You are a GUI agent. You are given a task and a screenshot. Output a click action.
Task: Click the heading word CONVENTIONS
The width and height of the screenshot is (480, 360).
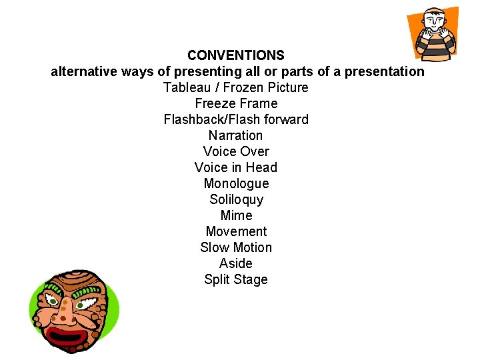tap(236, 55)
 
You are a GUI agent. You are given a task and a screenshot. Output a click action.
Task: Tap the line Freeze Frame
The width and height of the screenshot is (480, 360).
tap(236, 103)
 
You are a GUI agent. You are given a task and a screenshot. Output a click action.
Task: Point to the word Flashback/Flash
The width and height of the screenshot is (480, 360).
tap(212, 119)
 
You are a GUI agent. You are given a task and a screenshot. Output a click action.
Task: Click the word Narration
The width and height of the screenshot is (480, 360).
tap(236, 135)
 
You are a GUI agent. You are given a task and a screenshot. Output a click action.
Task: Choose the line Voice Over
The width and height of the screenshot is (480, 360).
tap(236, 151)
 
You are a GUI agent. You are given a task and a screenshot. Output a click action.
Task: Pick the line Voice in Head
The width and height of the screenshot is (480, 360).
tap(236, 167)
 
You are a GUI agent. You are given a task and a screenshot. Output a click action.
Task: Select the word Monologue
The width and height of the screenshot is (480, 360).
tap(236, 183)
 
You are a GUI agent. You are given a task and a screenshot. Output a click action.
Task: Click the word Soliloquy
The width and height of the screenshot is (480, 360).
tap(236, 199)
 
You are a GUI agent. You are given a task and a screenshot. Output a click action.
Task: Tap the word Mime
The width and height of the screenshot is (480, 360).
tap(236, 215)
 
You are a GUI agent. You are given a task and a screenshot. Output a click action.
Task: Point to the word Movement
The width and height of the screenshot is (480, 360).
tap(236, 231)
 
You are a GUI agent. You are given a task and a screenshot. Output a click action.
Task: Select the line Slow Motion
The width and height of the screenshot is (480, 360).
tap(236, 247)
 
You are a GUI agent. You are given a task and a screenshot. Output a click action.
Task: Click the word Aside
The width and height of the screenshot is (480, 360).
tap(236, 263)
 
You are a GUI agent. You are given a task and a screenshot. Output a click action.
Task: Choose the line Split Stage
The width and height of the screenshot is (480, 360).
tap(236, 279)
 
